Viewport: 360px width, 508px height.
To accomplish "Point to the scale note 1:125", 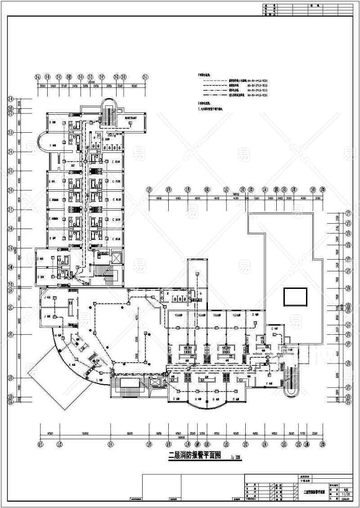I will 236,457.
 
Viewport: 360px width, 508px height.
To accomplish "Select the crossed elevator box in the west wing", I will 115,258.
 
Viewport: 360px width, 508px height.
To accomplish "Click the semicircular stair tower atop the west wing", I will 108,108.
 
